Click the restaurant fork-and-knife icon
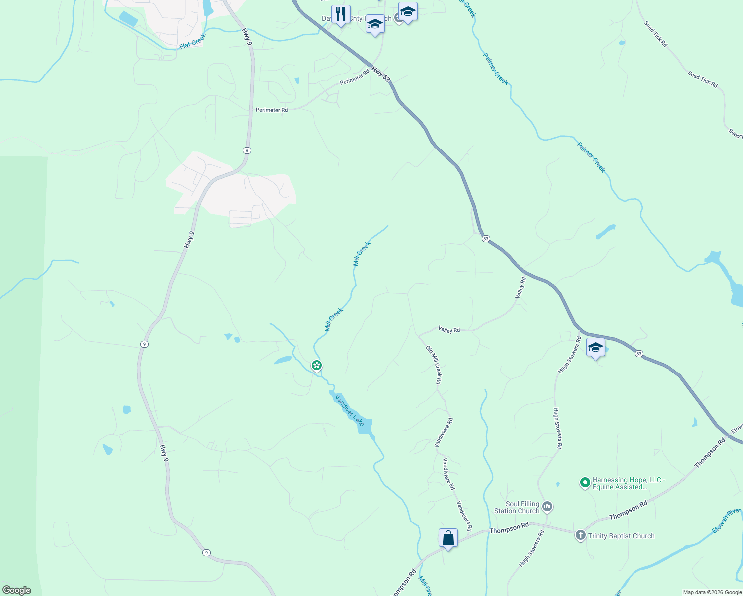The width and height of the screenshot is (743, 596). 341,14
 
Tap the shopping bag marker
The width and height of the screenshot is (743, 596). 448,538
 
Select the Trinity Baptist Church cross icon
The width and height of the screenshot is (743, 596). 580,535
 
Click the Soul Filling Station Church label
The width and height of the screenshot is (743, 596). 517,507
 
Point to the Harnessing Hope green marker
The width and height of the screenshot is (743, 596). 585,482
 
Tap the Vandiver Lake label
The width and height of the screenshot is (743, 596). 350,410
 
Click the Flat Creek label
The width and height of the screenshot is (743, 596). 192,41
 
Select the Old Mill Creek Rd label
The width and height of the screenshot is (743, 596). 433,365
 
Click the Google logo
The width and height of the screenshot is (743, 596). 16,590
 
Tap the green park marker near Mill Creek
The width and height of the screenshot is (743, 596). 317,366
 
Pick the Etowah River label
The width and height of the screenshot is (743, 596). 726,521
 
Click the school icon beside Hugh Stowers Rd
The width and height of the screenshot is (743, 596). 595,347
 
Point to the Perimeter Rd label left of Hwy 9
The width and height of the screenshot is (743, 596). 272,110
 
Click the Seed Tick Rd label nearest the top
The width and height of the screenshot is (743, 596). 656,34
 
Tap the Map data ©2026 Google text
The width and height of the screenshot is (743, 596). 712,592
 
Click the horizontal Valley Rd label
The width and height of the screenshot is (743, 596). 449,330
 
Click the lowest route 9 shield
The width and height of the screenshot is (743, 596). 206,552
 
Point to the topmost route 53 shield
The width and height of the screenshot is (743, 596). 486,239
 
